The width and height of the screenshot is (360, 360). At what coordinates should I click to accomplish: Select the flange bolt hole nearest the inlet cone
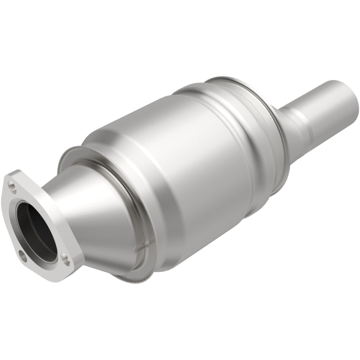tap(66, 258)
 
